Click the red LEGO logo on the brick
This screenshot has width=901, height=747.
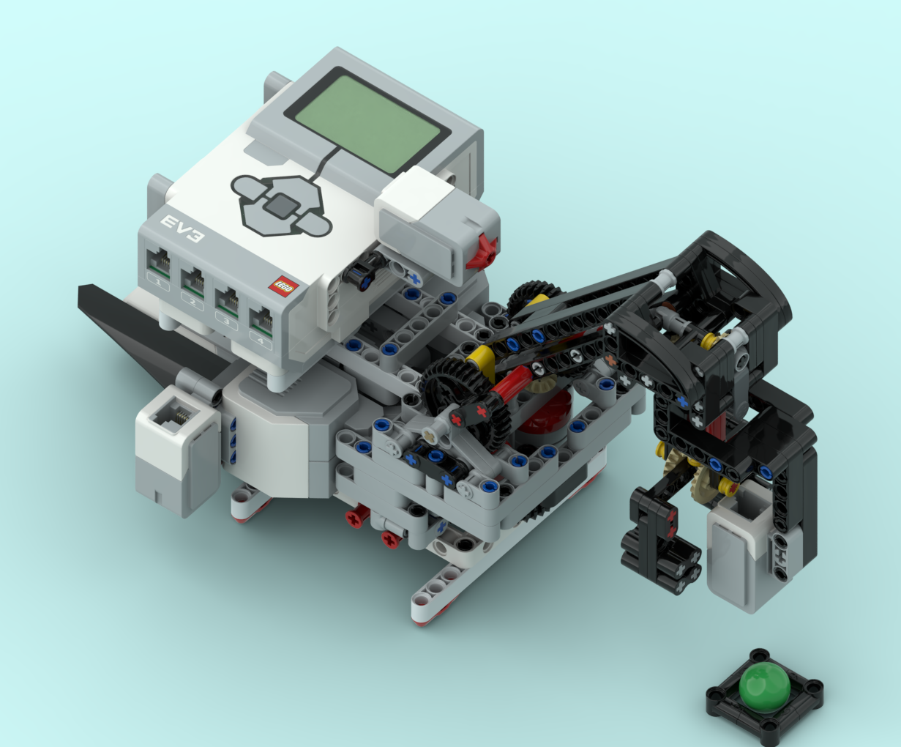coord(282,286)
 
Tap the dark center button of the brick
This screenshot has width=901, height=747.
coord(280,206)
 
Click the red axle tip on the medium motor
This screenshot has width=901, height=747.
coord(485,250)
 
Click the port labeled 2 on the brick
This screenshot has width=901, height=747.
coord(193,281)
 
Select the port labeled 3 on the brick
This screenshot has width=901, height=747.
coord(226,300)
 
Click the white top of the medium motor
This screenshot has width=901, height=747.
coord(414,194)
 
